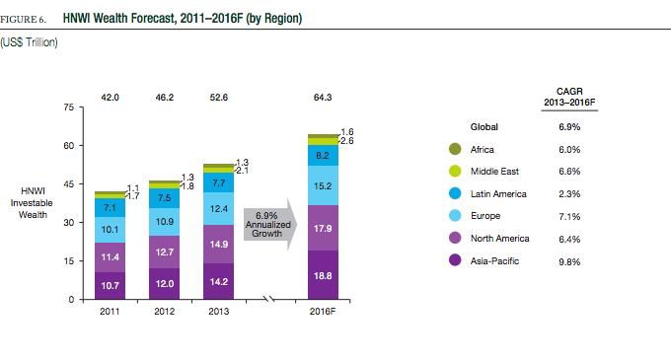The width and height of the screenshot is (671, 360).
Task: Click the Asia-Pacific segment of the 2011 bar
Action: pos(110,286)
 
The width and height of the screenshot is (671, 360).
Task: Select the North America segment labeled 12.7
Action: pos(165,252)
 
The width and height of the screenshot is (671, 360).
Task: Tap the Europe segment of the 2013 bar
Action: pos(219,209)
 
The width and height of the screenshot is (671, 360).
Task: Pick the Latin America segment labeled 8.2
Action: pos(323,155)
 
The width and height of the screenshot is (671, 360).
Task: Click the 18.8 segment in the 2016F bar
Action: pos(323,275)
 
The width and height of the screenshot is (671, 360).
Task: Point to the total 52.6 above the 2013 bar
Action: pos(219,98)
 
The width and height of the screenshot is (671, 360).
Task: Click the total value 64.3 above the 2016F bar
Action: pos(323,98)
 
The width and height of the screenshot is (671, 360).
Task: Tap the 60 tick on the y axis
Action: pos(69,146)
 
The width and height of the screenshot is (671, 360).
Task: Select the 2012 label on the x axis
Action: pos(165,312)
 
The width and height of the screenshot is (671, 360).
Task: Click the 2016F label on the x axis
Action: pos(323,312)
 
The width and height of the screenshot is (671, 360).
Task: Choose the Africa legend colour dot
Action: pos(455,149)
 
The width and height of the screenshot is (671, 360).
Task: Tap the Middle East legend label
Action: pos(494,172)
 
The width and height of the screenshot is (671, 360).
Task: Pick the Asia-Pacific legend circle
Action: pos(455,260)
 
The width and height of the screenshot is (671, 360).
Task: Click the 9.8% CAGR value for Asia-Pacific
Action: pos(569,261)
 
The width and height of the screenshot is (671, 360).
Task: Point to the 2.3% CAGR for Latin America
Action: pos(569,194)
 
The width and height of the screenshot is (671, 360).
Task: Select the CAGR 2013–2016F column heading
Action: pos(569,97)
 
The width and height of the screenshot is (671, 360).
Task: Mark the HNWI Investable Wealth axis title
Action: pos(33,202)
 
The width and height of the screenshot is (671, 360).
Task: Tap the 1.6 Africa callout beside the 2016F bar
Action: pos(347,132)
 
